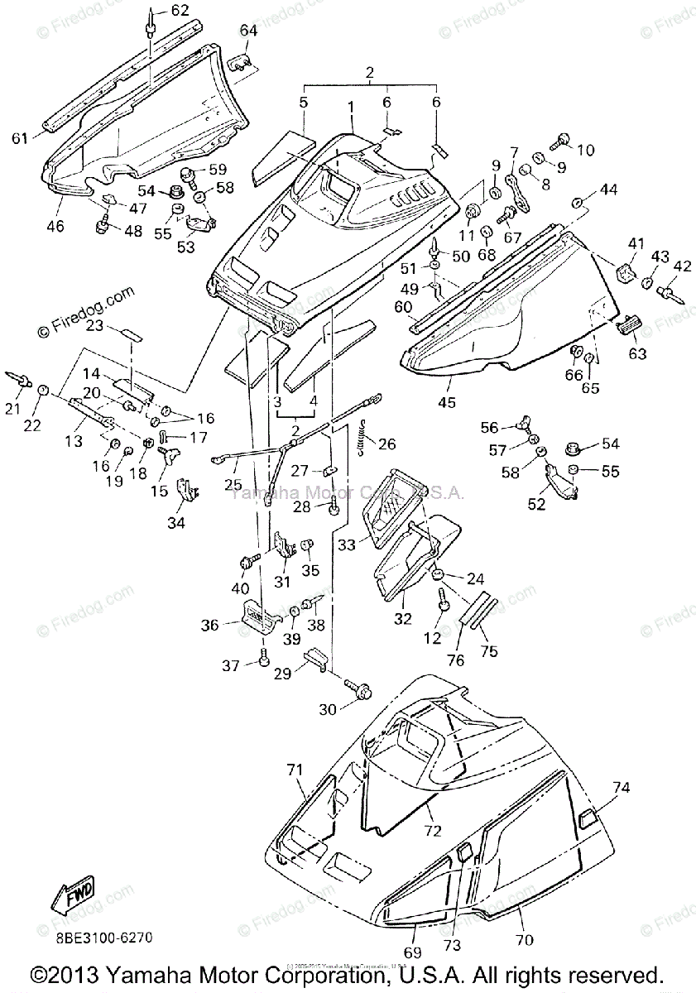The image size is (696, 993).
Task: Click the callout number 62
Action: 180,11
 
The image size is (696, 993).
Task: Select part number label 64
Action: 249,31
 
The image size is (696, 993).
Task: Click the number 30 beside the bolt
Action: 329,708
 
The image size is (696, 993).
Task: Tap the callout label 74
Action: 622,787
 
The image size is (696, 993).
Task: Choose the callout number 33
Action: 347,544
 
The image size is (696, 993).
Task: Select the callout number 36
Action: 209,626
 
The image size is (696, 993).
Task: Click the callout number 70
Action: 523,940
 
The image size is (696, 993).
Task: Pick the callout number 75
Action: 489,650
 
